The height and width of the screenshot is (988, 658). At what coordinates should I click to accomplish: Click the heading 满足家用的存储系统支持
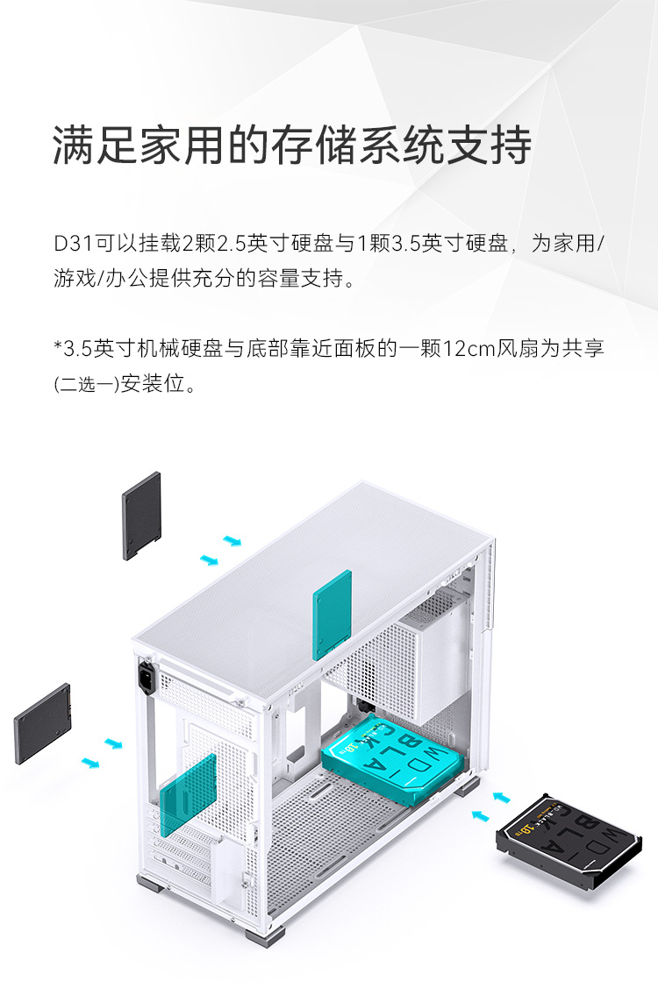click(292, 145)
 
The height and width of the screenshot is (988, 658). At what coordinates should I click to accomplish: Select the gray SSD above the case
click(141, 515)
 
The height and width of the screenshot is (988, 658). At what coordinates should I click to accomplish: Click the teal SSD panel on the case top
click(332, 613)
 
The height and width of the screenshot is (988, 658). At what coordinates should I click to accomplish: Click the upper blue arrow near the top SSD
click(232, 540)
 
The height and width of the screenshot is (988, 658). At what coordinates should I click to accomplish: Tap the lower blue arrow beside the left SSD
click(90, 763)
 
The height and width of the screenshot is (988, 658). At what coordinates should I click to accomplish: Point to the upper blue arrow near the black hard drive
click(501, 797)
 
